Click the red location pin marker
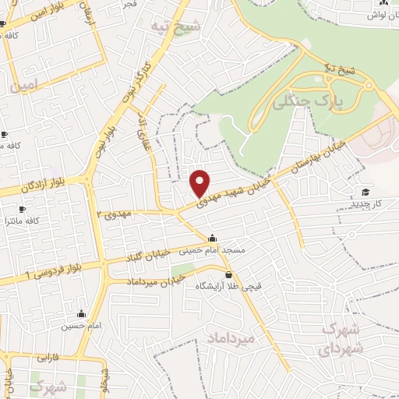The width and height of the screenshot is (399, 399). click(200, 182)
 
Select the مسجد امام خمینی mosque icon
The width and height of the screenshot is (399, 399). click(213, 238)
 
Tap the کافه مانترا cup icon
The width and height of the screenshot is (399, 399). click(22, 210)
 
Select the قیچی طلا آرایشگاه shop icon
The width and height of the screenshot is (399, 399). click(228, 274)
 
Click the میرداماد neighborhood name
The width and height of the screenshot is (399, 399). click(232, 338)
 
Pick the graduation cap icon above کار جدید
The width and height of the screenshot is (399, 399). click(364, 192)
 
